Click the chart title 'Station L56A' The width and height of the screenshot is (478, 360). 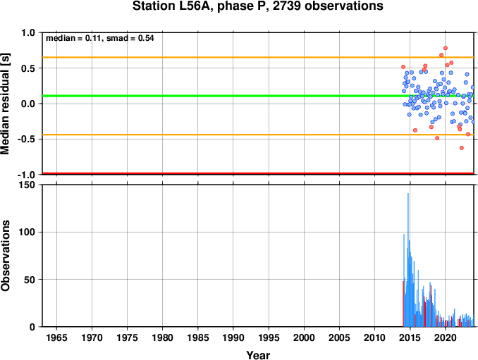tap(171, 6)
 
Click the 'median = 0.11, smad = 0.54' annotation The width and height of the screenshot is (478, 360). tap(99, 38)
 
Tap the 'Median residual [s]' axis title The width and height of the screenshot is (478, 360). tap(5, 104)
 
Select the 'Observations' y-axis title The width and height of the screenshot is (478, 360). tap(5, 256)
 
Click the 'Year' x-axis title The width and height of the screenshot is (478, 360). tap(258, 355)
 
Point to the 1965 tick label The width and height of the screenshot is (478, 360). tap(56, 337)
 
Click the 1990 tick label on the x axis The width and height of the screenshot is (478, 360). tap(233, 337)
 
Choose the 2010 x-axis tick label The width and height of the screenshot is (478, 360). tap(374, 337)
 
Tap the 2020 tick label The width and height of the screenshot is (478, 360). tap(446, 337)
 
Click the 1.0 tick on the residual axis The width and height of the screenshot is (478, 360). tap(28, 32)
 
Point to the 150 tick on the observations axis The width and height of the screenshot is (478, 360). tap(27, 185)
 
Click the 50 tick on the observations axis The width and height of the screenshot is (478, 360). tap(30, 280)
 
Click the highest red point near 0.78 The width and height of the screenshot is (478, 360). tap(446, 48)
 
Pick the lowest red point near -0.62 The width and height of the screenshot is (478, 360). tap(462, 148)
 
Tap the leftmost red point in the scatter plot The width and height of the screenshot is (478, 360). tap(403, 67)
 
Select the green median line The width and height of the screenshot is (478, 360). tap(258, 96)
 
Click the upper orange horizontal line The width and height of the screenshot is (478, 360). tap(258, 57)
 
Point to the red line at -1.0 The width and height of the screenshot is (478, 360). tap(258, 173)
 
